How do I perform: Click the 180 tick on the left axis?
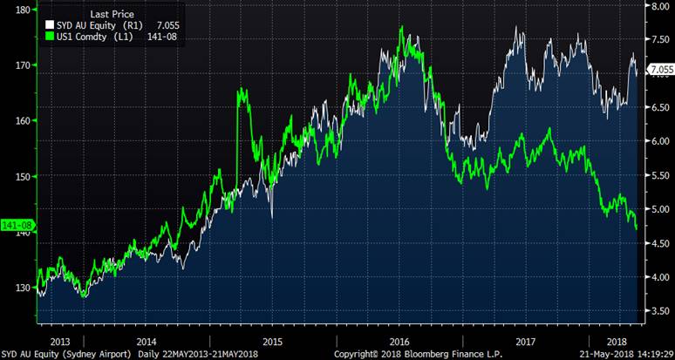24,10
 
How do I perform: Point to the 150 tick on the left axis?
24,176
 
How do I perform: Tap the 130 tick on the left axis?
24,288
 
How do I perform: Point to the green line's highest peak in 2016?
400,28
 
